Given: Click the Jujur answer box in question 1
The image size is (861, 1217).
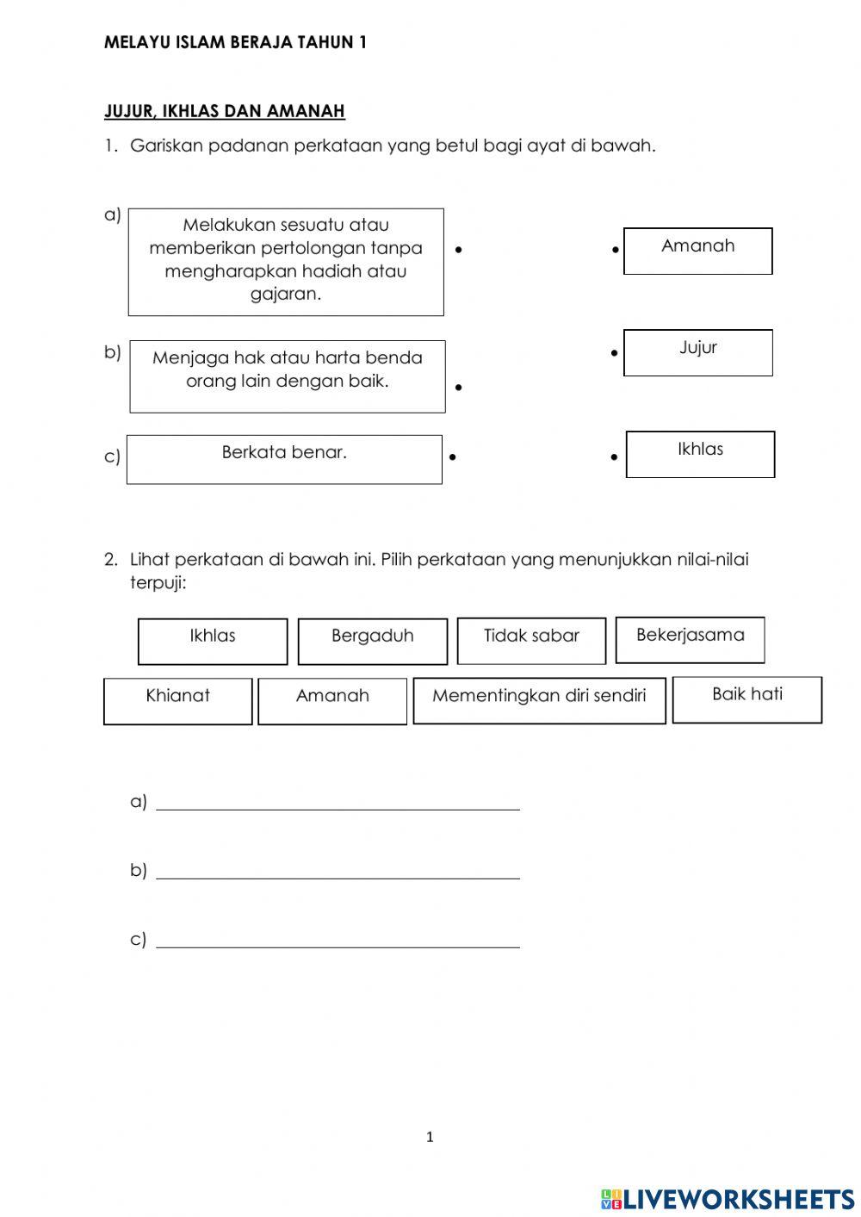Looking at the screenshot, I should click(x=697, y=352).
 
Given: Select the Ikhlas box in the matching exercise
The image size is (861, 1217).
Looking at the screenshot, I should click(x=700, y=454).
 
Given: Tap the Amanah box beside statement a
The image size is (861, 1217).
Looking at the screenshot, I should click(x=697, y=251).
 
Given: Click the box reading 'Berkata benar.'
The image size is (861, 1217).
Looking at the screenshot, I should click(x=284, y=459).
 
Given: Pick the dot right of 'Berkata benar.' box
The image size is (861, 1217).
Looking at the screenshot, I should click(x=452, y=456).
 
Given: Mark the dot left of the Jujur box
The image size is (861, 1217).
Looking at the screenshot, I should click(x=614, y=353).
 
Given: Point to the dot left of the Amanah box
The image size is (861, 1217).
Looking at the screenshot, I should click(x=616, y=251).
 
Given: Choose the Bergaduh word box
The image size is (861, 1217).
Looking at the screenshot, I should click(x=373, y=641).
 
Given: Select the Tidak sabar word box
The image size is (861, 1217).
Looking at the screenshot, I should click(x=531, y=641).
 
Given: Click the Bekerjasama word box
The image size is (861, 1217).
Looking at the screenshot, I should click(x=690, y=640).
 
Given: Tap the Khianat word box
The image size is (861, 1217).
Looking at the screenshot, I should click(x=177, y=701).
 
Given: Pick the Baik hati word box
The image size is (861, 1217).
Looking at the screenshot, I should click(x=746, y=699).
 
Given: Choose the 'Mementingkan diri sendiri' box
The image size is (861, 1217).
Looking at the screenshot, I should click(x=539, y=700).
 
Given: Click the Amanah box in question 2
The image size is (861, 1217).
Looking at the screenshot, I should click(x=332, y=701).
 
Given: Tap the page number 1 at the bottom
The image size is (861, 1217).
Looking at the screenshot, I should click(x=430, y=1137).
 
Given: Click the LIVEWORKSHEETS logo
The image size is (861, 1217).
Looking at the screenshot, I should click(x=728, y=1198).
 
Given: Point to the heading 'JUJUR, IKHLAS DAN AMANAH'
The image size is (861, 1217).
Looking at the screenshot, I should click(x=225, y=111).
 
